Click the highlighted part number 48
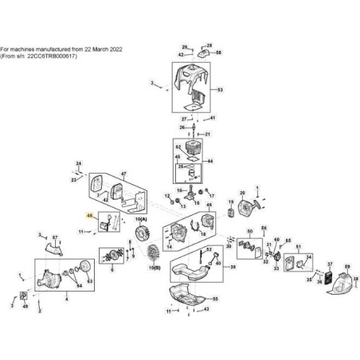(x=90, y=216)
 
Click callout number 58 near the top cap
(x=218, y=52)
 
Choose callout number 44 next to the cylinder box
(x=210, y=162)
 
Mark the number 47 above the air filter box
(x=123, y=173)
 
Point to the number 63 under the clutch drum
(x=90, y=282)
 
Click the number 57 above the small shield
(x=55, y=238)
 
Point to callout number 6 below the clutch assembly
(x=67, y=301)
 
